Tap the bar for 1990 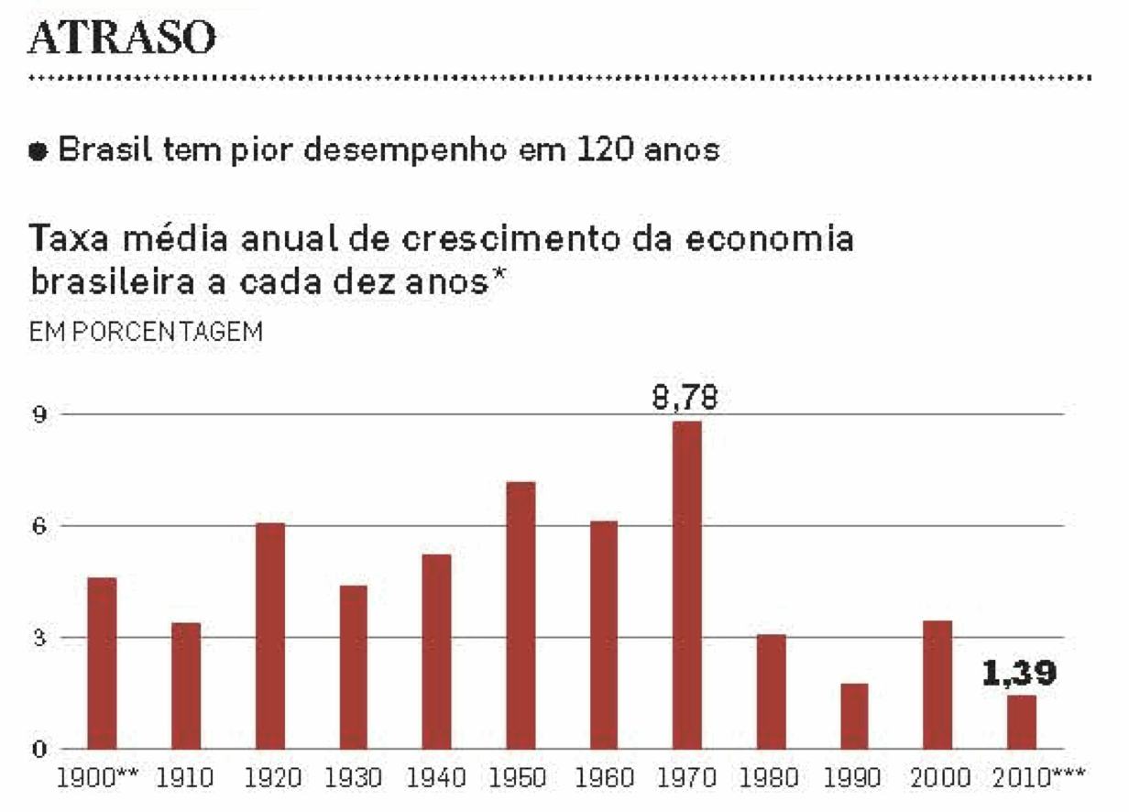pyautogui.click(x=853, y=716)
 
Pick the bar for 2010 pyautogui.click(x=1021, y=722)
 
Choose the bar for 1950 pyautogui.click(x=520, y=615)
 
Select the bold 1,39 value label pyautogui.click(x=1020, y=675)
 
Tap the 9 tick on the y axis pyautogui.click(x=39, y=414)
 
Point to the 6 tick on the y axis pyautogui.click(x=39, y=526)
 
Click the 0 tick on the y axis pyautogui.click(x=39, y=750)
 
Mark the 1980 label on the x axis pyautogui.click(x=771, y=780)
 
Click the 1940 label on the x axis pyautogui.click(x=437, y=780)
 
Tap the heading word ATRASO pyautogui.click(x=123, y=38)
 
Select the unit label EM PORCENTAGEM pyautogui.click(x=147, y=332)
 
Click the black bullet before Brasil pyautogui.click(x=39, y=152)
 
